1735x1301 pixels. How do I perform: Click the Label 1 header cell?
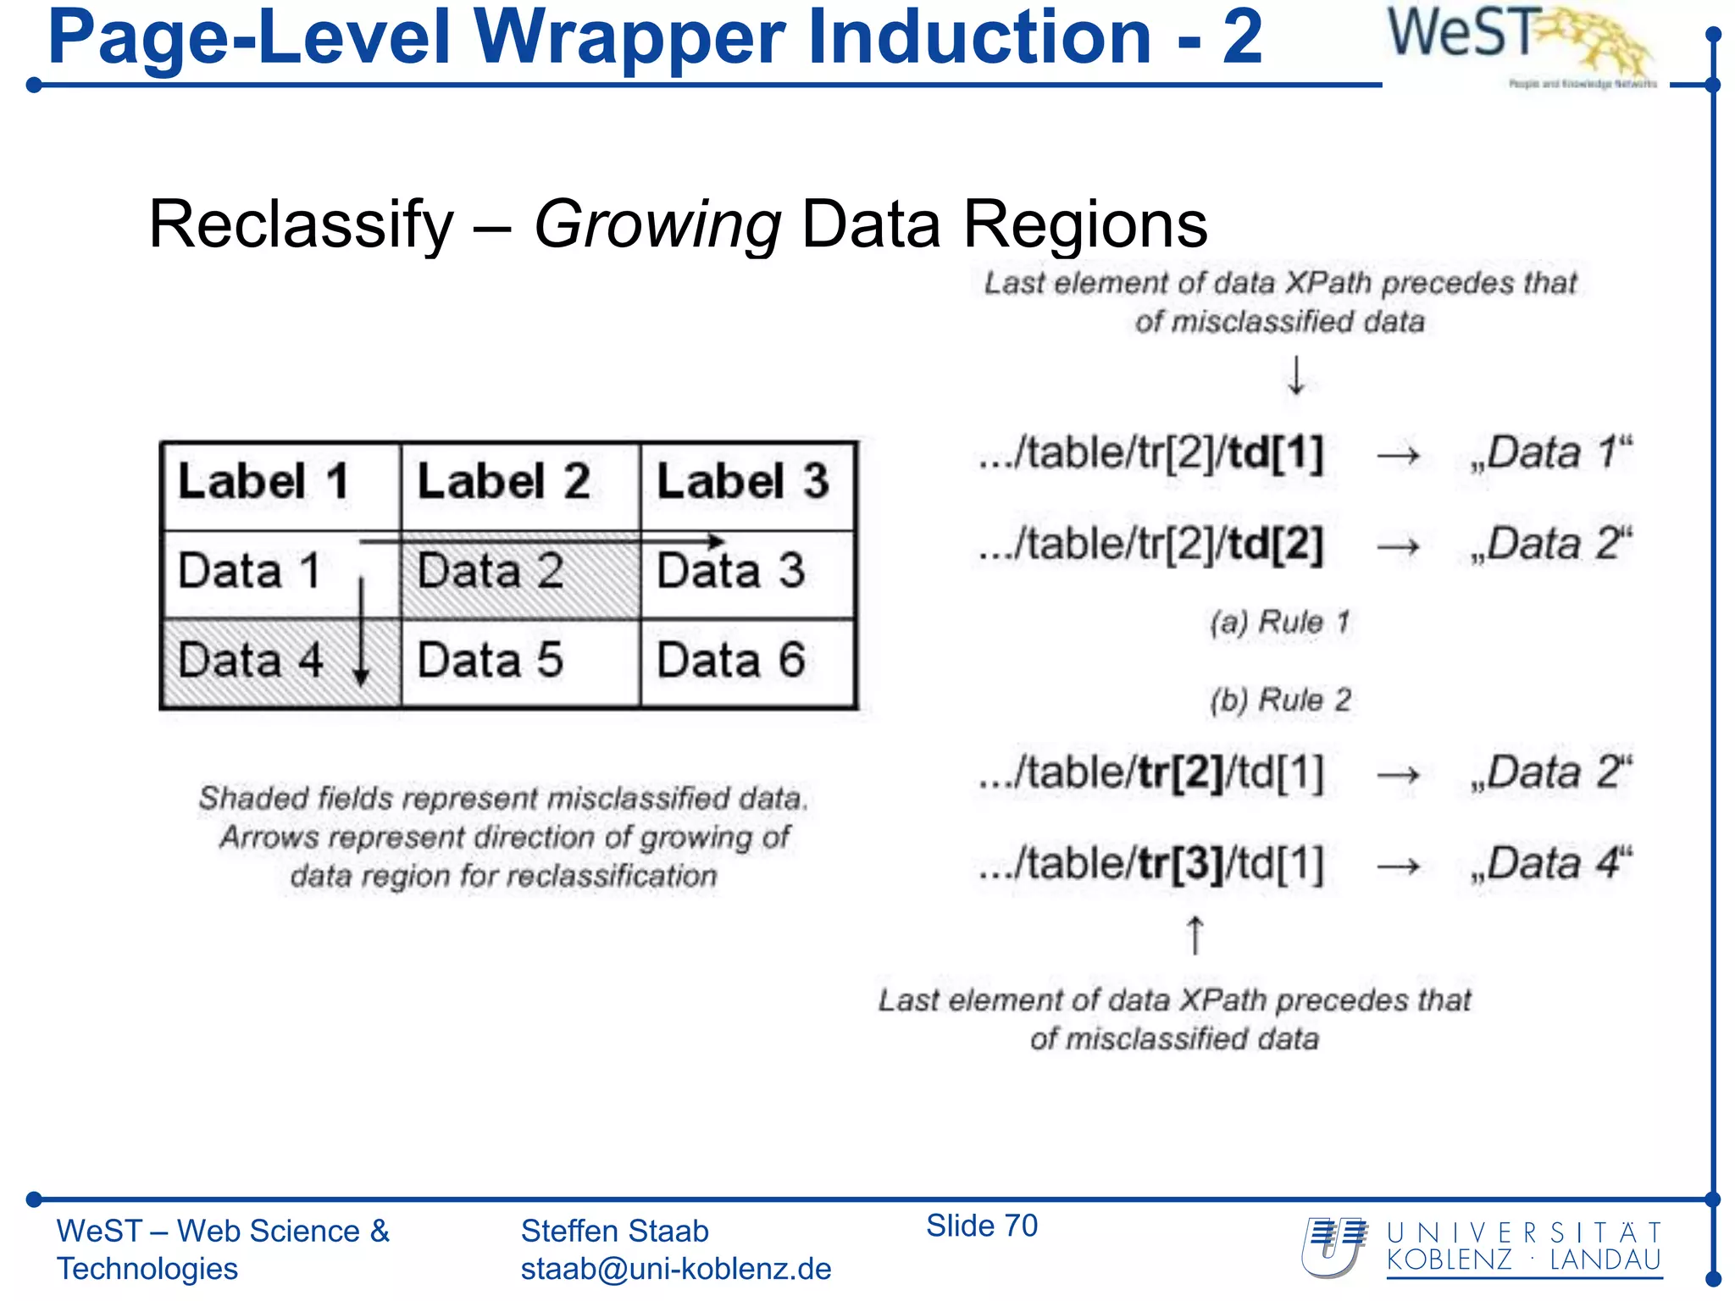point(280,486)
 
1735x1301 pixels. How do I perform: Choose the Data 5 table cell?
point(520,662)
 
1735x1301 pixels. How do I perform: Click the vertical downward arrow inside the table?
point(362,635)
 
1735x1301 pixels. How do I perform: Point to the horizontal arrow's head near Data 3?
point(716,541)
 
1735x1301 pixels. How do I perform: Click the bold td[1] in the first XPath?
point(1275,454)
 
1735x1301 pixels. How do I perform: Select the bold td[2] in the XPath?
point(1275,544)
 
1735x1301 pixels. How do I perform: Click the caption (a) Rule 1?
point(1279,623)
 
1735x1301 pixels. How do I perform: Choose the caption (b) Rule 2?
point(1279,700)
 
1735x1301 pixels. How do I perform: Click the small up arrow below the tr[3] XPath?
point(1195,935)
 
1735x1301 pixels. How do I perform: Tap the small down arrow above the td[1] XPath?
point(1296,376)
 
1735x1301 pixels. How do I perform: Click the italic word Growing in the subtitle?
point(657,225)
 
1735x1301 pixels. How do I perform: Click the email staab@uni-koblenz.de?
point(676,1269)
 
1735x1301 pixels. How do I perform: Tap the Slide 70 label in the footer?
point(981,1226)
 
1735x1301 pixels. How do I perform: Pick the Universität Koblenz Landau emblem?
point(1334,1247)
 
